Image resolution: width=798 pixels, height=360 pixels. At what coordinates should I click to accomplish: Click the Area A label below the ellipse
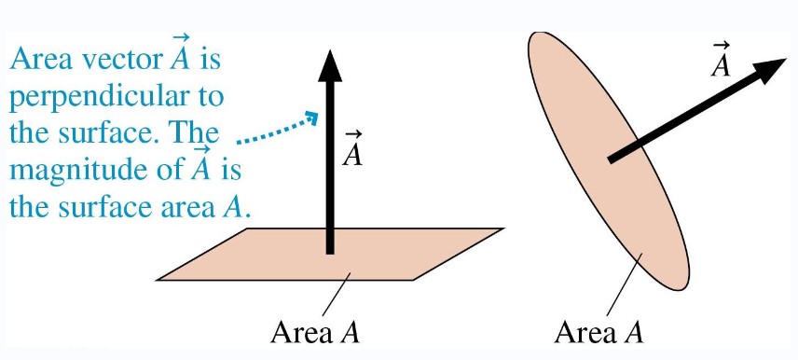[598, 331]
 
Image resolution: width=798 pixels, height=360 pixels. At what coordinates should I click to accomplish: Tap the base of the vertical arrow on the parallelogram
[328, 247]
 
